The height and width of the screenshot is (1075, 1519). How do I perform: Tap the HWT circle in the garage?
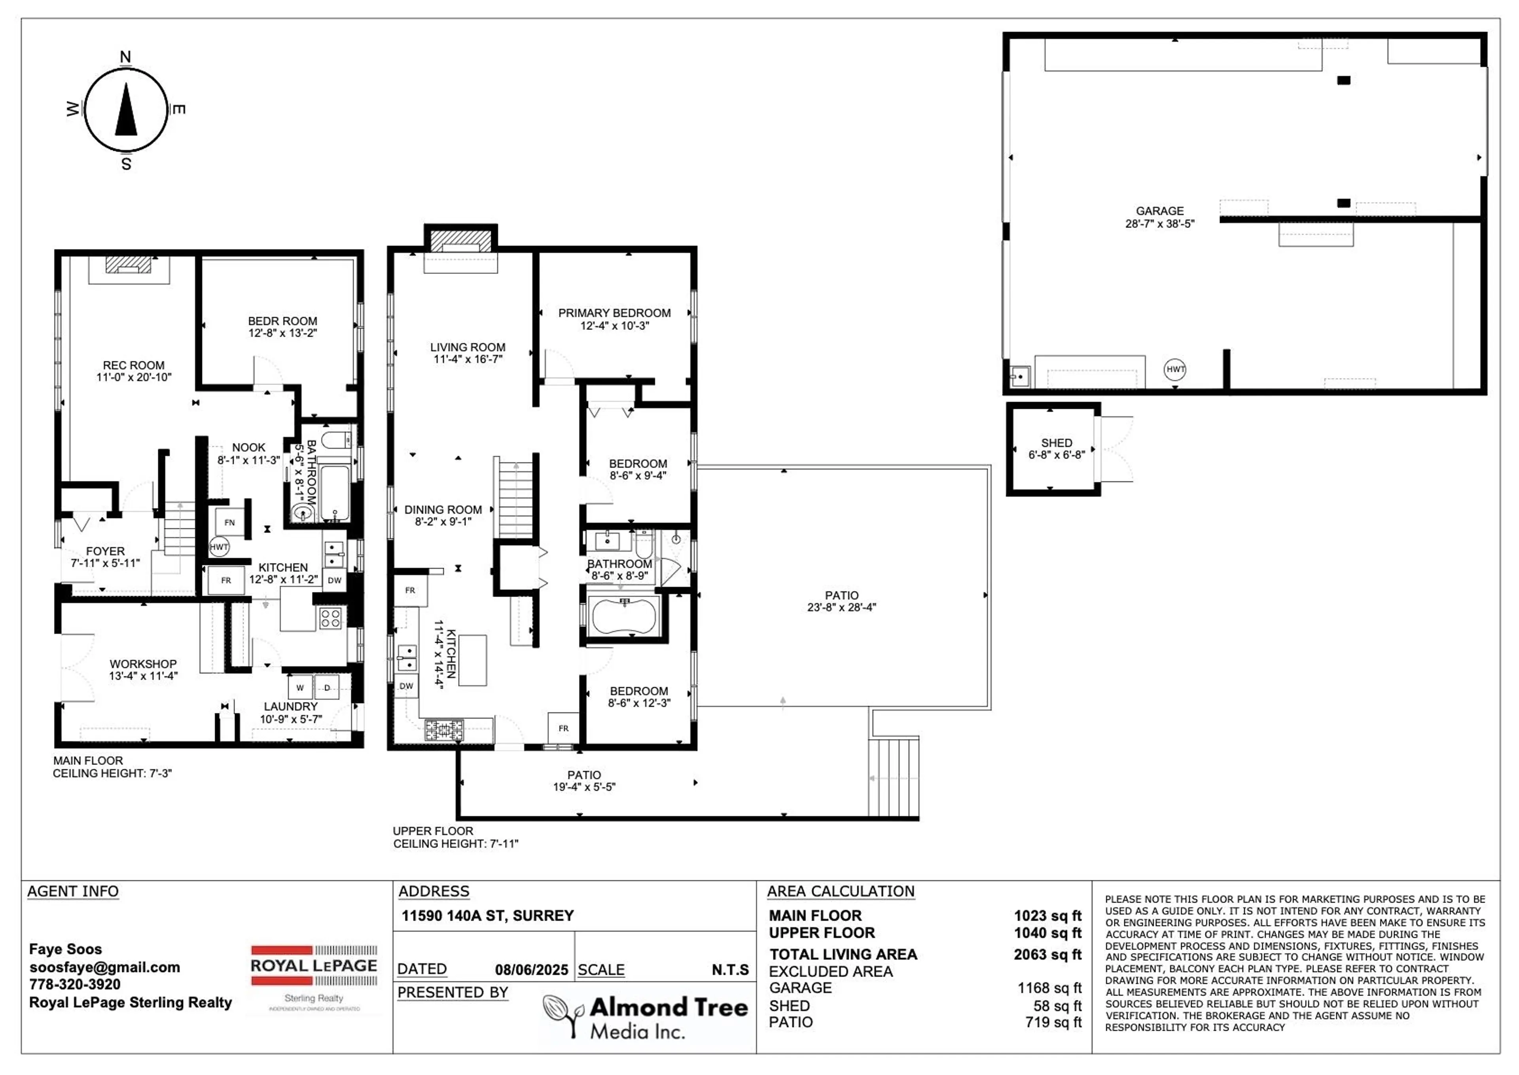pos(1175,369)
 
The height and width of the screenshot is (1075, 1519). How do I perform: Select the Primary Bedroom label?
pos(614,313)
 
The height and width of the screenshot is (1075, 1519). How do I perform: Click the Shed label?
pos(1056,443)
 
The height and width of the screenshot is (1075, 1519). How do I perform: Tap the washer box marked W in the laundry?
pos(300,688)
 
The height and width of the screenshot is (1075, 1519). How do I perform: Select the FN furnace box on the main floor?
pos(229,522)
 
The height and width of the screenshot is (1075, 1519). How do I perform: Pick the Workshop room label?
pos(143,664)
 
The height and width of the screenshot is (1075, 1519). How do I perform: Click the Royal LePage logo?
pos(314,978)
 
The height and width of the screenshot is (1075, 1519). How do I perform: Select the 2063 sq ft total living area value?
pos(1047,955)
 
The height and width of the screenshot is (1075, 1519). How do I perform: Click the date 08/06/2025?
pos(531,970)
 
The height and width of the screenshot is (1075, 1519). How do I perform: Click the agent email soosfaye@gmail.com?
pos(104,967)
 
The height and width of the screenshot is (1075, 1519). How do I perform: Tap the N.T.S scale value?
pos(730,970)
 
